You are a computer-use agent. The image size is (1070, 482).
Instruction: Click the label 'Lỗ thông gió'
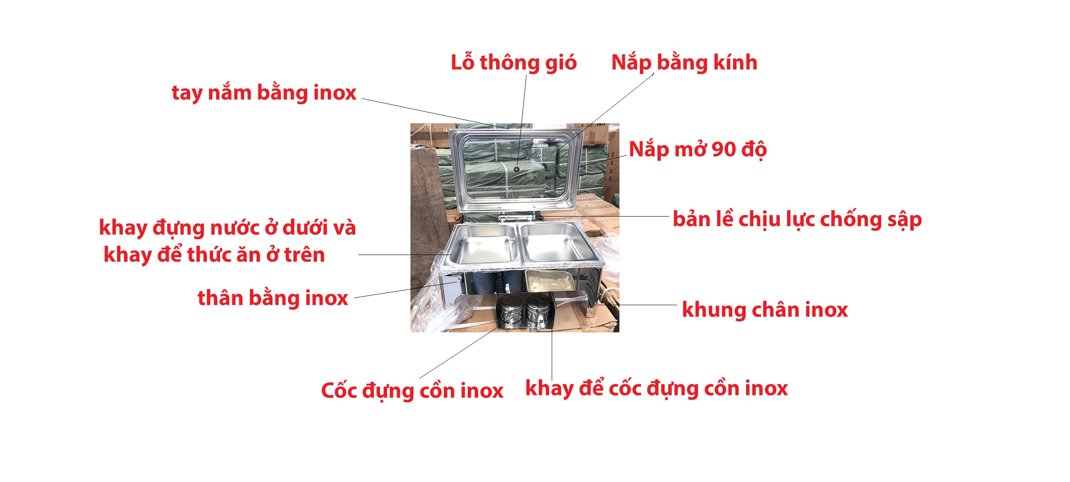pyautogui.click(x=513, y=63)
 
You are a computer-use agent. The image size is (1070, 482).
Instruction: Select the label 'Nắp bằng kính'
pyautogui.click(x=684, y=63)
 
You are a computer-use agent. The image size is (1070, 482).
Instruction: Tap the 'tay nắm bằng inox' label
pyautogui.click(x=264, y=93)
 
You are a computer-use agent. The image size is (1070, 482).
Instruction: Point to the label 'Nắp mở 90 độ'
pyautogui.click(x=697, y=150)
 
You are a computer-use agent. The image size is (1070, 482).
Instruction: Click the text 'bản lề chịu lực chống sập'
pyautogui.click(x=797, y=220)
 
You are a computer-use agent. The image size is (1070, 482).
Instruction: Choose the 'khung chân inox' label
pyautogui.click(x=764, y=310)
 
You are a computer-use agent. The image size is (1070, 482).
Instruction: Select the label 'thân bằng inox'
pyautogui.click(x=273, y=298)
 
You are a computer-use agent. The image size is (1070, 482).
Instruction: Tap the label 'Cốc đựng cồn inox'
pyautogui.click(x=412, y=391)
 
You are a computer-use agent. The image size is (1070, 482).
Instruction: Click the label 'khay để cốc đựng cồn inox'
pyautogui.click(x=656, y=388)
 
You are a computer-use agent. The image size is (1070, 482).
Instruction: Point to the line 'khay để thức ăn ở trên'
pyautogui.click(x=214, y=255)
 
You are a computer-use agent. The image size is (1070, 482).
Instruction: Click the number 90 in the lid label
pyautogui.click(x=724, y=149)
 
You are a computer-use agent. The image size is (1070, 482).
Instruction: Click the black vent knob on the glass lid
pyautogui.click(x=517, y=169)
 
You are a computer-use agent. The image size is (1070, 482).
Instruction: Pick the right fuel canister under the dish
pyautogui.click(x=538, y=309)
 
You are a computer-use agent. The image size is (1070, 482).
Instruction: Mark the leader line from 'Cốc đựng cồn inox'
pyautogui.click(x=460, y=353)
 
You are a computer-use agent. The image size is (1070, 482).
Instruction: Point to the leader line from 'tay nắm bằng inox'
pyautogui.click(x=435, y=114)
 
